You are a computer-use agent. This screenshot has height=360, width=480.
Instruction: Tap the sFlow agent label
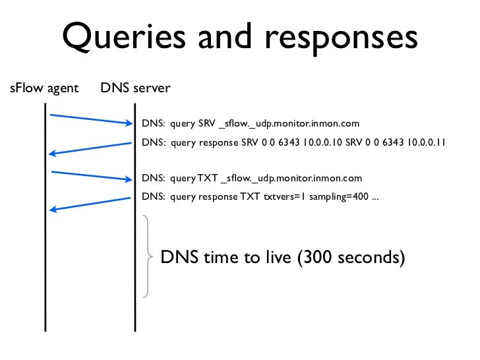click(44, 88)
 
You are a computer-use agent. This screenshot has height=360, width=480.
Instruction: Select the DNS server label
click(135, 88)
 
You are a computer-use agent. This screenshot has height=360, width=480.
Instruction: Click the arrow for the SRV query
click(91, 119)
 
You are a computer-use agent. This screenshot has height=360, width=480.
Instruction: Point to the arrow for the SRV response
click(91, 148)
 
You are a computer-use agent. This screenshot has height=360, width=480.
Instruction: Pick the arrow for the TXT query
click(91, 175)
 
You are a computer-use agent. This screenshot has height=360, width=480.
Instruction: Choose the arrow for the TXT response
click(91, 204)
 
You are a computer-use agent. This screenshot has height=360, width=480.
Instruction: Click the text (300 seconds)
click(351, 256)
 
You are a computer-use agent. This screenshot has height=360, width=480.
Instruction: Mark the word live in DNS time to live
click(277, 256)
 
